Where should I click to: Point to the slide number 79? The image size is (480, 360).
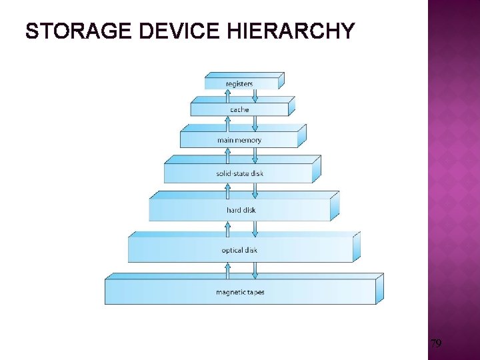[436, 344]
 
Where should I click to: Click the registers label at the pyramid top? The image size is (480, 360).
[239, 84]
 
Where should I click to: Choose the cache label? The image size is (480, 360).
[239, 109]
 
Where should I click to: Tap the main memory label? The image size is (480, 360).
[239, 140]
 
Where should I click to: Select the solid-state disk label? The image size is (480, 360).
[239, 174]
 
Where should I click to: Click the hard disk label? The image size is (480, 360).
[241, 211]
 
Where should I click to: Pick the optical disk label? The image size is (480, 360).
[239, 251]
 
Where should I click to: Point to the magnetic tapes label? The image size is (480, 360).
[240, 293]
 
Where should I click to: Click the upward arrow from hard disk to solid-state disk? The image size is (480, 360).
[227, 192]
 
